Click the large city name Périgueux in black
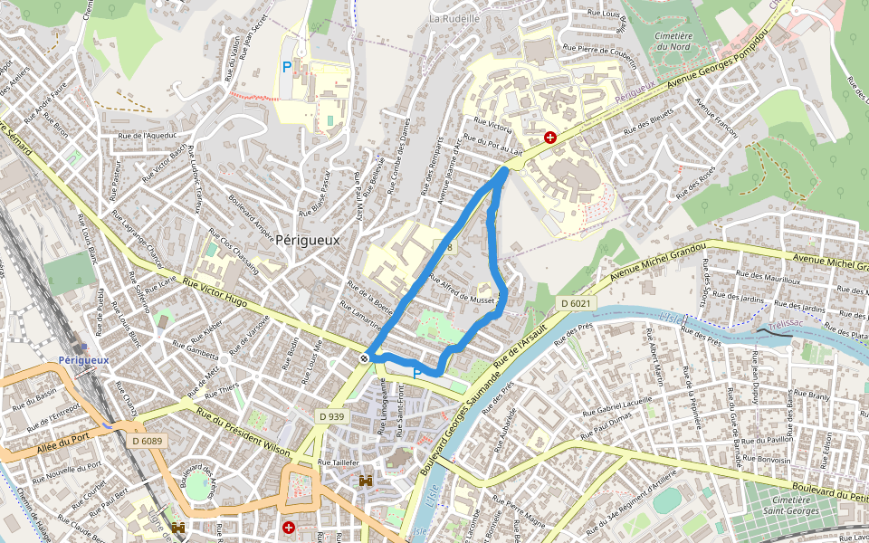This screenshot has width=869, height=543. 307,241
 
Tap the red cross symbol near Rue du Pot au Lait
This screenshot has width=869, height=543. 549,138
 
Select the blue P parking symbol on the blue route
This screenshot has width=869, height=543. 417,373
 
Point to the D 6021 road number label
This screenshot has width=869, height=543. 575,303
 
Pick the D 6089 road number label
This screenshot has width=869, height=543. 146,441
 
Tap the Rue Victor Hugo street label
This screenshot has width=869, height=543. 215,291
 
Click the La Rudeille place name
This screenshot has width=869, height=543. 454,18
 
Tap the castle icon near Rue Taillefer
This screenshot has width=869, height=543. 366,481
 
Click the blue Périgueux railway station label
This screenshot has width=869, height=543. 83,359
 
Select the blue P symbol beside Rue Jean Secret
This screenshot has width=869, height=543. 287,66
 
